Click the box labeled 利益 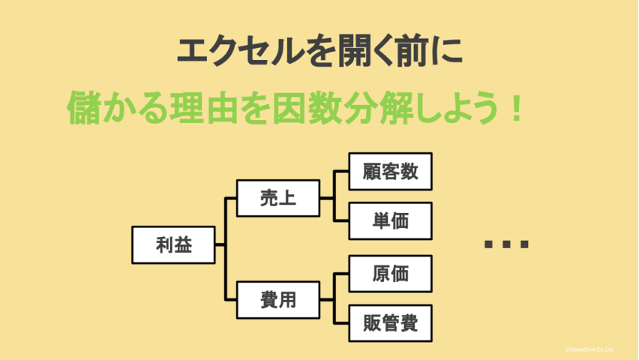[173, 244]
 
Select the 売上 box [277, 199]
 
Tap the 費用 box [277, 300]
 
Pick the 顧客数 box [390, 172]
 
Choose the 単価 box [390, 220]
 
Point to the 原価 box [390, 274]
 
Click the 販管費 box [390, 324]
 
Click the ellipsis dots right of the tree [506, 244]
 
